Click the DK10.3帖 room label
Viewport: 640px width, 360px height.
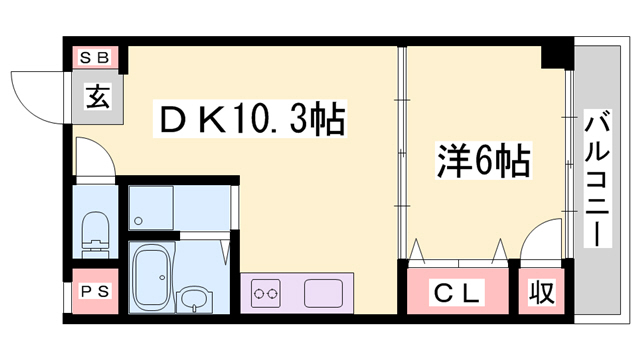(250, 121)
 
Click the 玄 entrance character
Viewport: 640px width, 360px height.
(97, 97)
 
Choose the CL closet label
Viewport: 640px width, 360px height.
(457, 293)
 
